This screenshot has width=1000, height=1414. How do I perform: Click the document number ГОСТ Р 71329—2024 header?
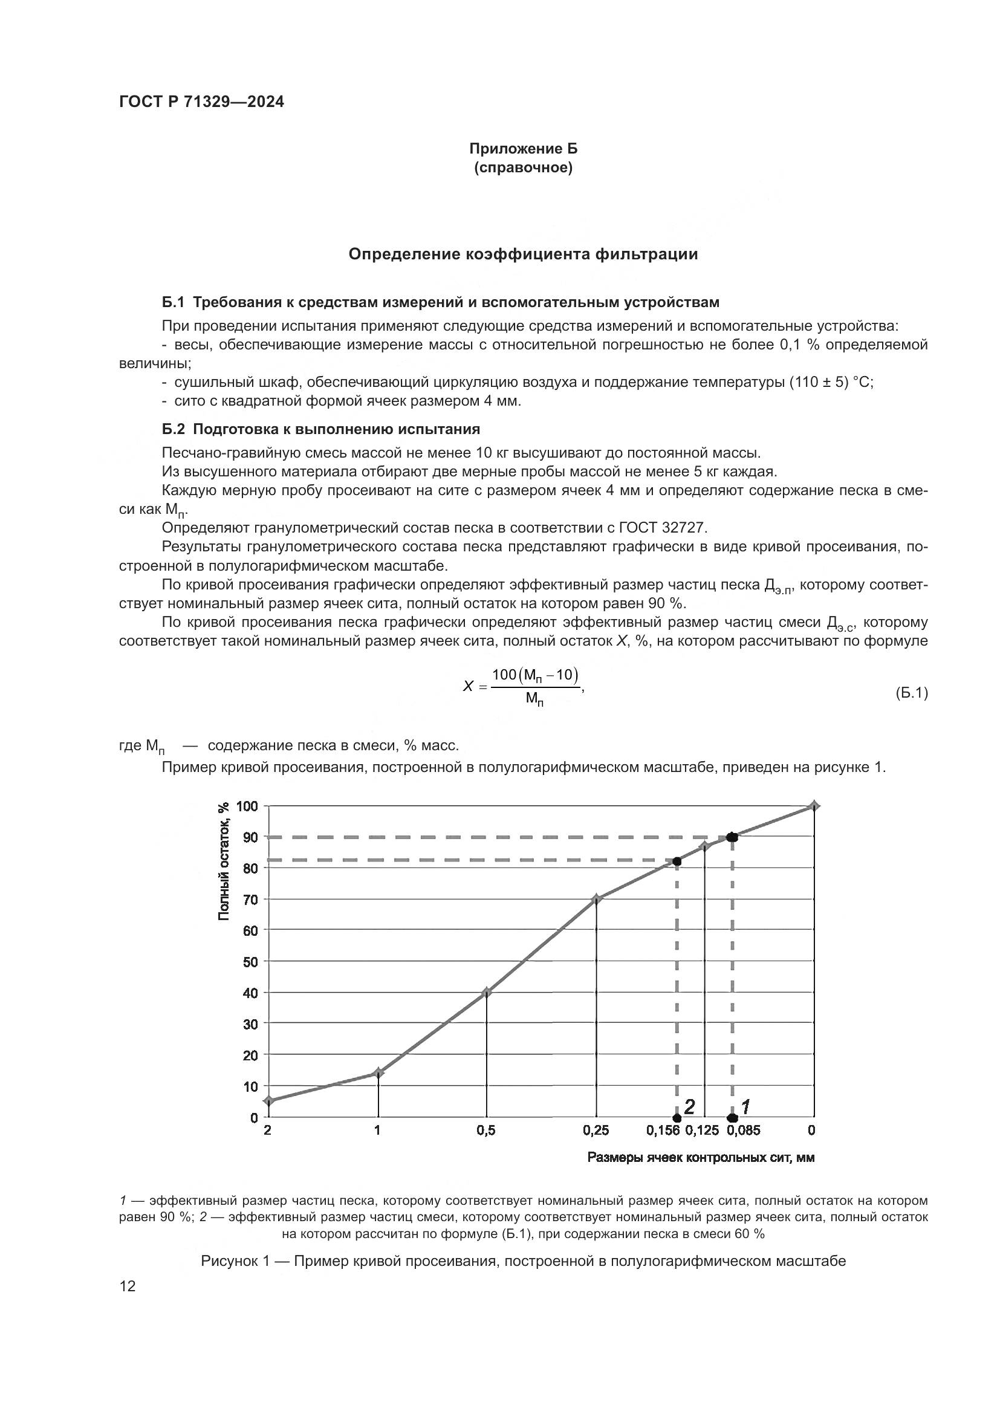pos(201,102)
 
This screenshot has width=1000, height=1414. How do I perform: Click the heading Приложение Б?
pos(524,149)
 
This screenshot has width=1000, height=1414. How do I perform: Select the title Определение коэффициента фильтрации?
pos(523,255)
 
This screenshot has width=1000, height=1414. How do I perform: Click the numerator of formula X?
pos(535,676)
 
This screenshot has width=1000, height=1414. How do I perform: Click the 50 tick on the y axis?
pos(252,962)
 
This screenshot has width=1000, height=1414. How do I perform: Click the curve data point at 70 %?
pos(596,900)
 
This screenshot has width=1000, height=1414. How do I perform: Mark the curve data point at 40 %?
pos(487,993)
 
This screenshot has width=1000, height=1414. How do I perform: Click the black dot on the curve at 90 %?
pos(732,837)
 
